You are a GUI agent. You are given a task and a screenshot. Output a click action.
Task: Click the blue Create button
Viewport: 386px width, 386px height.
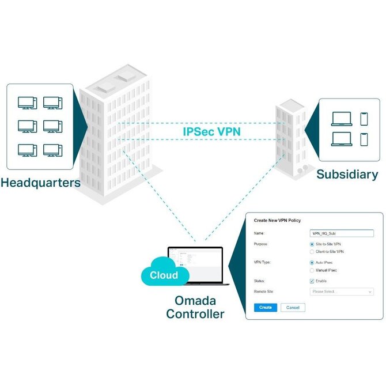click(x=266, y=308)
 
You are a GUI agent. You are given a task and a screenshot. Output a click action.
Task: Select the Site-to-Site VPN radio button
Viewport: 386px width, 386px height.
click(x=312, y=244)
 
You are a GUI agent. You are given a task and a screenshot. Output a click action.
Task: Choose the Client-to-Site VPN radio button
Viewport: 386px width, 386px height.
click(x=312, y=252)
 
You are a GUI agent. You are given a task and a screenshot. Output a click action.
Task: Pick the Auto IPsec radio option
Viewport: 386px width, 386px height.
click(x=312, y=263)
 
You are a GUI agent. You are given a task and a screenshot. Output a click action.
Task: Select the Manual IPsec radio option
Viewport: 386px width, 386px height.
click(x=312, y=270)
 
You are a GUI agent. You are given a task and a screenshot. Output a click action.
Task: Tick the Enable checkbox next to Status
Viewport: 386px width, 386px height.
click(x=312, y=281)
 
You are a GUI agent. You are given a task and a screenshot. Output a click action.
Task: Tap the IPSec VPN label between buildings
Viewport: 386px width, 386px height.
click(x=211, y=131)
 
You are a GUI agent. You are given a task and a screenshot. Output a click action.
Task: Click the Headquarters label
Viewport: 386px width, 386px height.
click(x=40, y=184)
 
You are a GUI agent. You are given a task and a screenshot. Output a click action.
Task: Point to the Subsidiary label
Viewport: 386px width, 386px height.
click(x=347, y=175)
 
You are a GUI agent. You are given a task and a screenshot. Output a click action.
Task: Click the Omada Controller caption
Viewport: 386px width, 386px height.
click(x=195, y=308)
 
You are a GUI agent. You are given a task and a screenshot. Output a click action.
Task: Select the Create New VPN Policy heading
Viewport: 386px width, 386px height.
click(x=278, y=221)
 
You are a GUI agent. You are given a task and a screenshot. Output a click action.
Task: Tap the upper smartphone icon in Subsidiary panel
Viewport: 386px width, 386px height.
click(x=364, y=119)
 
